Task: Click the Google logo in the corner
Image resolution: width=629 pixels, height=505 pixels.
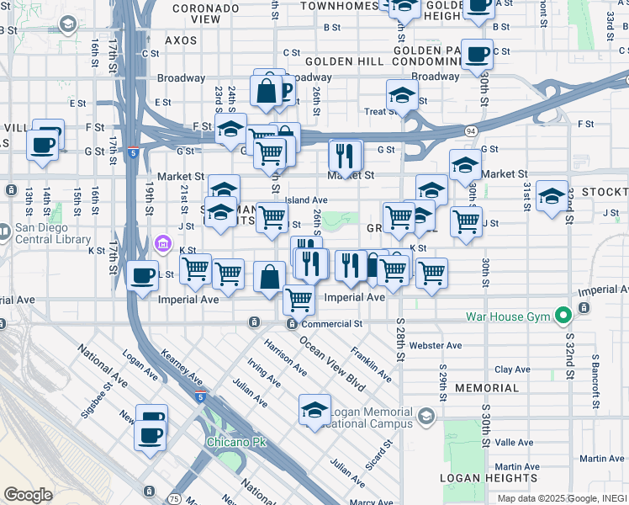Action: pos(28,495)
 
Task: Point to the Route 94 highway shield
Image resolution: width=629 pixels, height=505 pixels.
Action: pos(472,131)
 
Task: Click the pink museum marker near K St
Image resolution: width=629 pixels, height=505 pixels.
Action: pos(164,245)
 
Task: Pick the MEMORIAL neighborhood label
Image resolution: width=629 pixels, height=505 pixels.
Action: pos(487,388)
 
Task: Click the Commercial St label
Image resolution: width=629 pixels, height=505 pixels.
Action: pos(332,323)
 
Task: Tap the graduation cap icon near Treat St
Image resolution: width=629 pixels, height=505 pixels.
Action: pos(403,95)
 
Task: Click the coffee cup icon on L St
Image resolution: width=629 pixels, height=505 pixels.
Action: pos(143,275)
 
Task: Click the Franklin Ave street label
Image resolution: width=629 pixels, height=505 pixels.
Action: pos(371,364)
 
